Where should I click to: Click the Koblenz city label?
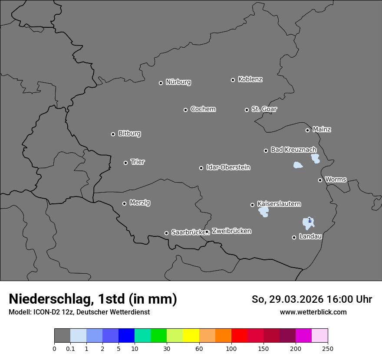click(250, 79)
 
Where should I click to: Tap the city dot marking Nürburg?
click(161, 83)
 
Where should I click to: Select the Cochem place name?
click(203, 109)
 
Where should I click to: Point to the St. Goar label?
click(264, 109)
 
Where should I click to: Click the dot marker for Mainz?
click(307, 130)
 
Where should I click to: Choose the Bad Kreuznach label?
click(293, 150)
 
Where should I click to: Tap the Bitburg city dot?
click(113, 134)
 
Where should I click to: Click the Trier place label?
click(138, 162)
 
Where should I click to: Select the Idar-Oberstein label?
click(228, 167)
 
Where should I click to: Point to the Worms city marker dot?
click(320, 180)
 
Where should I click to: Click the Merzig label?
click(140, 203)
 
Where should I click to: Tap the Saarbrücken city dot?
click(166, 233)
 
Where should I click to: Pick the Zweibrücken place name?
click(231, 231)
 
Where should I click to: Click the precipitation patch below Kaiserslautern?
click(263, 212)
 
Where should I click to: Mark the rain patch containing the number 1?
click(308, 223)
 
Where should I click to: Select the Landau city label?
click(310, 236)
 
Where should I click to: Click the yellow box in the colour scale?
click(191, 335)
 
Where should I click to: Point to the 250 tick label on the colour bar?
click(328, 348)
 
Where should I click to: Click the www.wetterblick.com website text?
click(313, 312)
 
